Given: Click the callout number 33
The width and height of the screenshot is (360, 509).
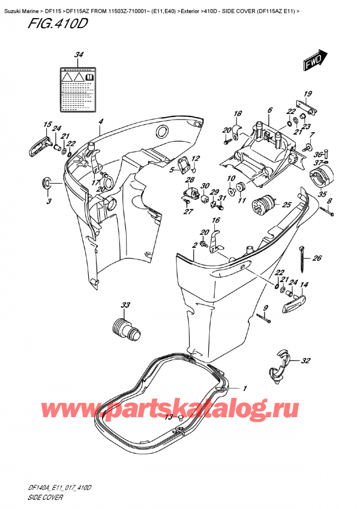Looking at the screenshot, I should pos(125,306).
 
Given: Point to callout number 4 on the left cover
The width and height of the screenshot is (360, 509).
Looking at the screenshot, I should pos(102,122).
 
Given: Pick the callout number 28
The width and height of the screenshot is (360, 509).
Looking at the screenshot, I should pos(190,179).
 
